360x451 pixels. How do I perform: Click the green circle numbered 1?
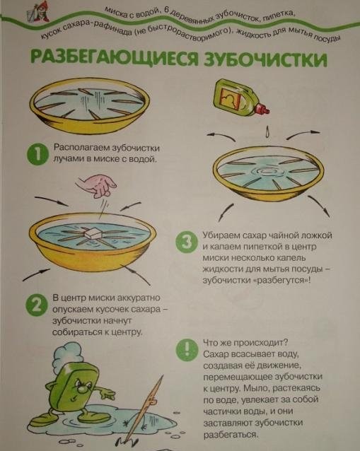point(37,154)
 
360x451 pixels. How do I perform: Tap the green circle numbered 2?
point(37,305)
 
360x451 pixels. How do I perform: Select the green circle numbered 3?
point(187,242)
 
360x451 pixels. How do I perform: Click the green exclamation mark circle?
point(187,349)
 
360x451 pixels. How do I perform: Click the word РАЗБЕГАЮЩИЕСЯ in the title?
point(115,58)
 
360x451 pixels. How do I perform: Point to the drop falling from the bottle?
point(267,131)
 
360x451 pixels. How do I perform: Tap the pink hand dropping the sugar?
point(96,184)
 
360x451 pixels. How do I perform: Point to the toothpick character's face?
point(151,399)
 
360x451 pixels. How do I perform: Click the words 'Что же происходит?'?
point(245,343)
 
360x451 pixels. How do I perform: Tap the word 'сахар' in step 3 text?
point(254,235)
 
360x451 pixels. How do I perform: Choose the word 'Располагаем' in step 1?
point(81,148)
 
